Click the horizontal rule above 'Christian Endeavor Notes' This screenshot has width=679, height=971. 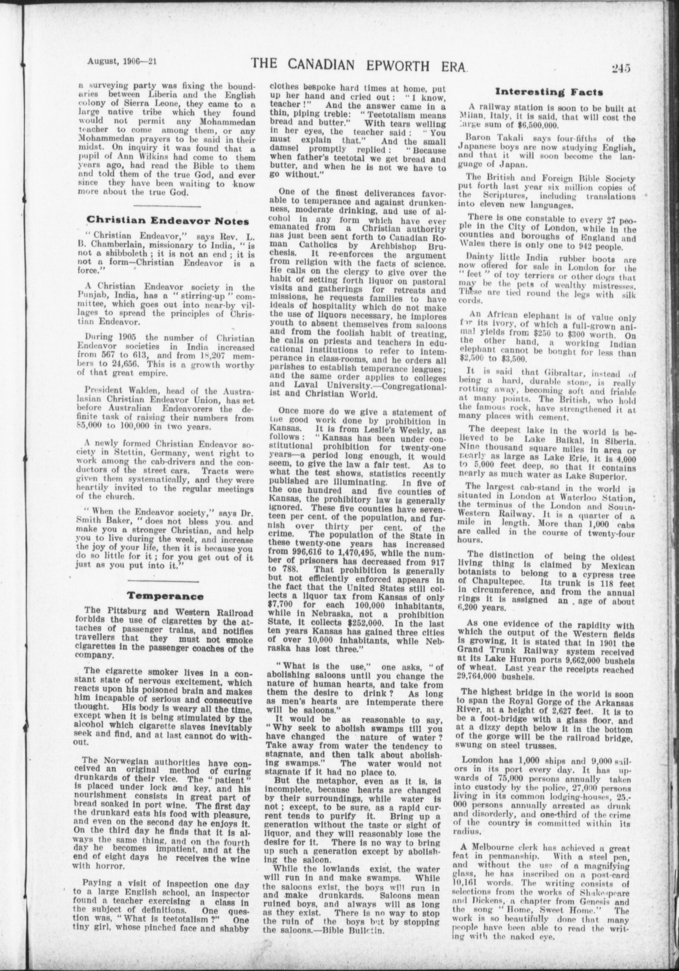pos(166,206)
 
